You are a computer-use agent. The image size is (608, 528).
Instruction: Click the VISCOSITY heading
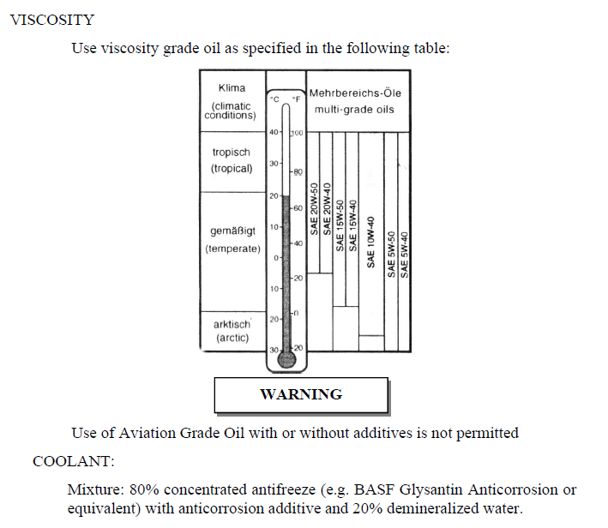click(x=51, y=19)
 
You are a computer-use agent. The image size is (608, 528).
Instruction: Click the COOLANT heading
click(x=73, y=461)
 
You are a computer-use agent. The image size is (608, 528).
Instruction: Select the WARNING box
click(x=300, y=394)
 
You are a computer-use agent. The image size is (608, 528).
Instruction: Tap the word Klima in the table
click(x=231, y=87)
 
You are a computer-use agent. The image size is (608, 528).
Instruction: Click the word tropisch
click(x=231, y=152)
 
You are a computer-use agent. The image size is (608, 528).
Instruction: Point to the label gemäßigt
click(x=231, y=232)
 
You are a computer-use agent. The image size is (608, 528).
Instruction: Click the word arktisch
click(x=231, y=324)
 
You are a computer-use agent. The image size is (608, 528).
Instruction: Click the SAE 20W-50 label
click(x=315, y=209)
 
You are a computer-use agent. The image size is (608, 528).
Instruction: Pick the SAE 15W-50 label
click(x=340, y=225)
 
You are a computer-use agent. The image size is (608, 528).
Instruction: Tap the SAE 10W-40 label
click(x=370, y=242)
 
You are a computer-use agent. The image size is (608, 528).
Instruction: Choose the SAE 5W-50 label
click(x=391, y=253)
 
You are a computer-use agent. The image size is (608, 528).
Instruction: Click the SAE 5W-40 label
click(x=405, y=253)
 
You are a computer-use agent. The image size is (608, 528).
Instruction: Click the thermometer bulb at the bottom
click(x=286, y=359)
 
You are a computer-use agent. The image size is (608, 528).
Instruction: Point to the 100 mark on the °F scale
click(x=298, y=133)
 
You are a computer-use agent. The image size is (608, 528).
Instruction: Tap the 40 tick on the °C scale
click(x=273, y=132)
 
